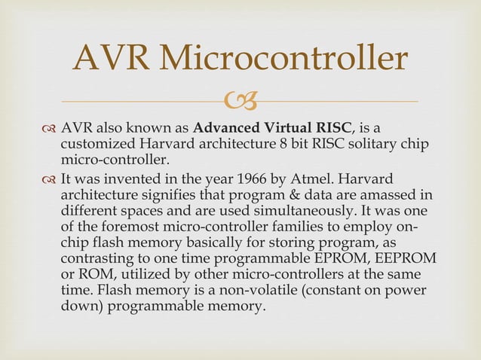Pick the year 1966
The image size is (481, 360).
[255, 179]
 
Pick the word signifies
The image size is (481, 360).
[170, 197]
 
